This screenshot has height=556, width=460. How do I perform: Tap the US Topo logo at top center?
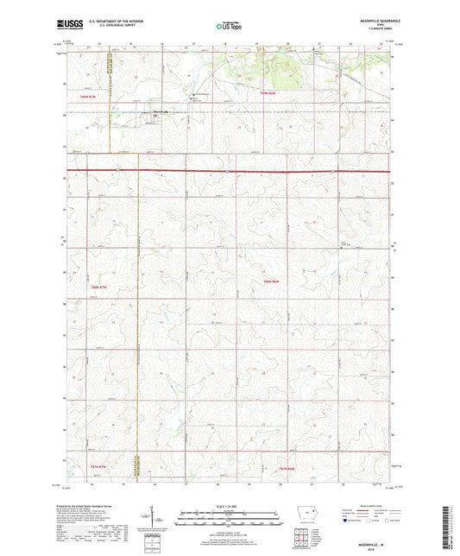pyautogui.click(x=229, y=26)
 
